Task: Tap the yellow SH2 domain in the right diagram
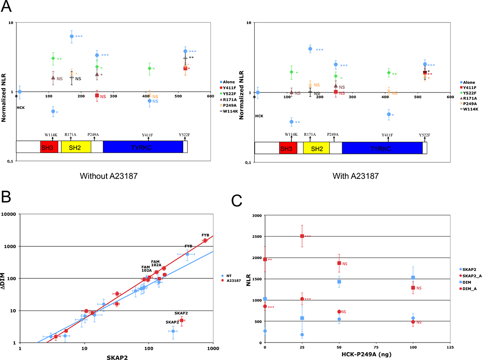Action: [x=316, y=148]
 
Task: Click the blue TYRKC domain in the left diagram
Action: [x=142, y=147]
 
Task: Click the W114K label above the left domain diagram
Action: [x=52, y=134]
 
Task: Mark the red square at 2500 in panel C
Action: [x=302, y=236]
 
